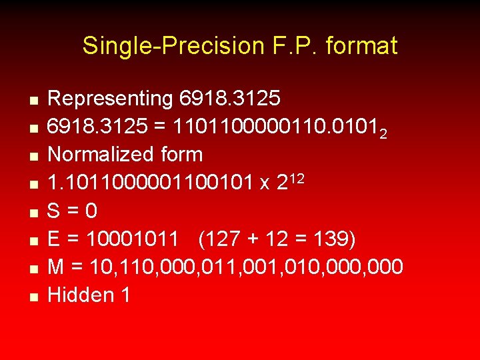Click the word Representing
click(111, 99)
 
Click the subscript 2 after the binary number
click(383, 133)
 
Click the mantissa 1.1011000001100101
click(150, 183)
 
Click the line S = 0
click(73, 211)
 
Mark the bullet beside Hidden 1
click(32, 297)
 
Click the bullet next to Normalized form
click(32, 157)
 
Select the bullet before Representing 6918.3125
click(32, 101)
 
